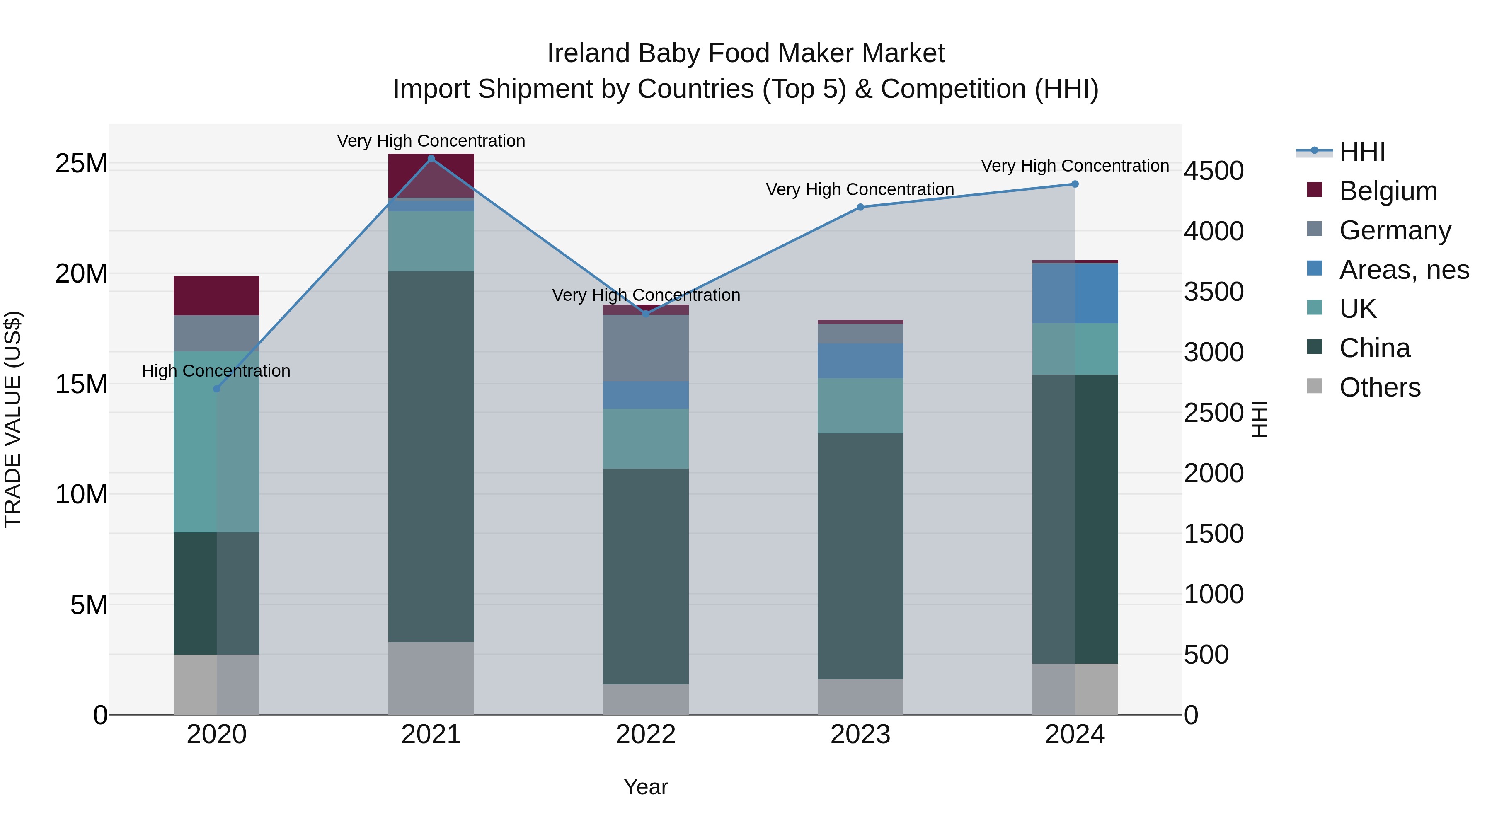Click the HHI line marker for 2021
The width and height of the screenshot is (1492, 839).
pos(431,159)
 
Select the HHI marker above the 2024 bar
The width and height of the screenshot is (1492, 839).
pos(1075,184)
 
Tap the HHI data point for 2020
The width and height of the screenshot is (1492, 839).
pos(217,389)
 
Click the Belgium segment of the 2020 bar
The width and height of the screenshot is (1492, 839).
pos(217,295)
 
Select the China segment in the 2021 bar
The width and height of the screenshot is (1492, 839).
pos(431,456)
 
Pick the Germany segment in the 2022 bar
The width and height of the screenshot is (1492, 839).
pos(646,348)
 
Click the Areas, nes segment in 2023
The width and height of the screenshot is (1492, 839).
pos(860,361)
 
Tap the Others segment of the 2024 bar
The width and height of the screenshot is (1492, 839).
pos(1075,689)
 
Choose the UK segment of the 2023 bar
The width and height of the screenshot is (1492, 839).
pos(860,405)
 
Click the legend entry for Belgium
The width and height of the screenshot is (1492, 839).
pos(1388,191)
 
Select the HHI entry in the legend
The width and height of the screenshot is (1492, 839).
pos(1361,152)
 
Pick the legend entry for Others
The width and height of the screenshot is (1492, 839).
pos(1380,387)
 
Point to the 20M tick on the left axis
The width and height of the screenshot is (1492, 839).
pos(81,273)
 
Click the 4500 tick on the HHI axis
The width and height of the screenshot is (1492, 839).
pos(1213,171)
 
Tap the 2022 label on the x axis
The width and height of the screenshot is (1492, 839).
pos(646,735)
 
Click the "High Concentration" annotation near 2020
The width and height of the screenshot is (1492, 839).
pos(216,370)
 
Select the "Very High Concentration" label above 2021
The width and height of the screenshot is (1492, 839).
pos(431,141)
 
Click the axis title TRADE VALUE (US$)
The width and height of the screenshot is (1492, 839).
pos(13,419)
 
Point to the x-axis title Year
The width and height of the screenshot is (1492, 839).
pos(646,787)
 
